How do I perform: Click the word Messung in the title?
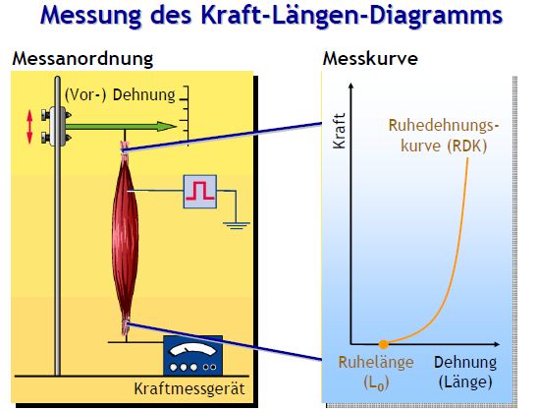click(x=90, y=16)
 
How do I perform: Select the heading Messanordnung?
click(x=82, y=58)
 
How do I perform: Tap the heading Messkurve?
click(x=370, y=58)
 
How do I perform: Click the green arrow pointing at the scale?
click(x=121, y=127)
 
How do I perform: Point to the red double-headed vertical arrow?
click(x=29, y=127)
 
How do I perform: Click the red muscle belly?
click(x=125, y=237)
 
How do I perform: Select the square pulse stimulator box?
click(x=200, y=192)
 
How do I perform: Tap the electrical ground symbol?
click(x=237, y=225)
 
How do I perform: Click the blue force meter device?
click(x=192, y=356)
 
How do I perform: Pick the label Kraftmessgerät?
click(x=189, y=389)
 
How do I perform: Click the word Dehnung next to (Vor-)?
click(x=144, y=94)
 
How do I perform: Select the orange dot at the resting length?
click(x=384, y=344)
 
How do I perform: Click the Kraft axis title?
click(x=339, y=131)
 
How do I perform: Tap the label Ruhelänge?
click(x=376, y=362)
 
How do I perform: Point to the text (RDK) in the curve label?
click(x=467, y=147)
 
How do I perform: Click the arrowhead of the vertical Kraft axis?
click(x=351, y=87)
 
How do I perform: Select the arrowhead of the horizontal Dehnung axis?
click(x=496, y=344)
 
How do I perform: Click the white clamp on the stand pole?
click(x=57, y=127)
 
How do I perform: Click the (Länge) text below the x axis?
click(x=465, y=382)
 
